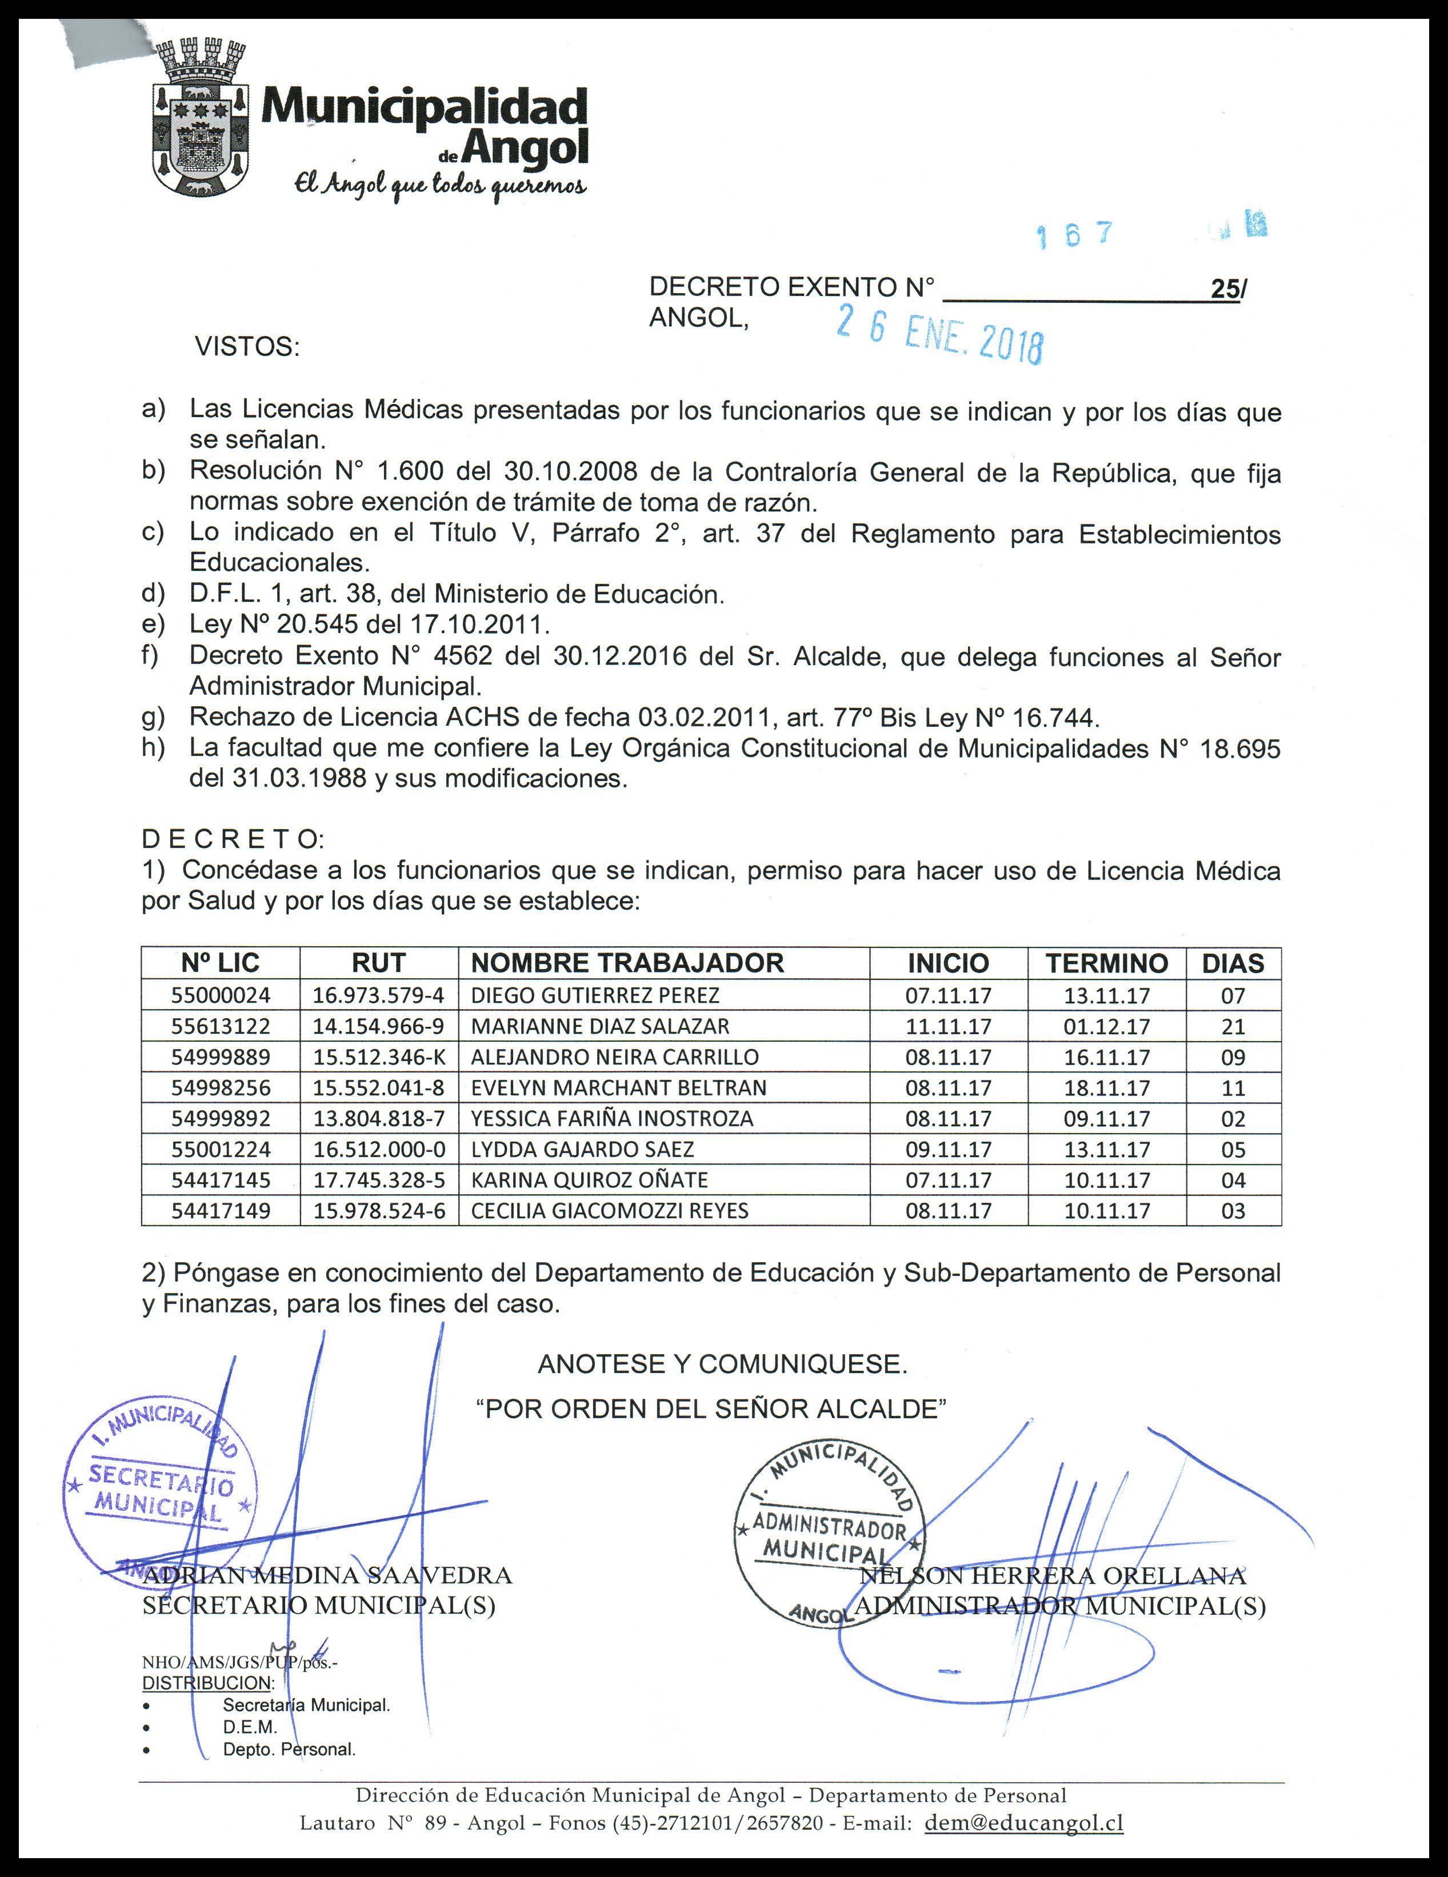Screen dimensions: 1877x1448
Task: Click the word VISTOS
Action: coord(247,347)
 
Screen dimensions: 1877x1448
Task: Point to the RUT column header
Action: coord(378,963)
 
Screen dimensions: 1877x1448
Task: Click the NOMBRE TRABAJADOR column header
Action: coord(627,963)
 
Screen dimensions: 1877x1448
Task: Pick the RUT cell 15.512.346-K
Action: coord(379,1057)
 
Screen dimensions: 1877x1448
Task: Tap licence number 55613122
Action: coord(221,1026)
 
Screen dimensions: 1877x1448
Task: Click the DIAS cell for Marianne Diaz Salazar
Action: coord(1233,1026)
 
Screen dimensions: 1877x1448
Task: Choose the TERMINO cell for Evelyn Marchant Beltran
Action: coord(1107,1088)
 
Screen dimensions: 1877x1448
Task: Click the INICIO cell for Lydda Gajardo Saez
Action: coord(948,1149)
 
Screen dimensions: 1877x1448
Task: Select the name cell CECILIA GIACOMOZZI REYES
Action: coord(609,1211)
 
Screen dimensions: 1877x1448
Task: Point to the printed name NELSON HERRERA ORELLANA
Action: coord(1053,1575)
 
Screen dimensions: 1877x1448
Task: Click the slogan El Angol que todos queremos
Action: coord(440,185)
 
